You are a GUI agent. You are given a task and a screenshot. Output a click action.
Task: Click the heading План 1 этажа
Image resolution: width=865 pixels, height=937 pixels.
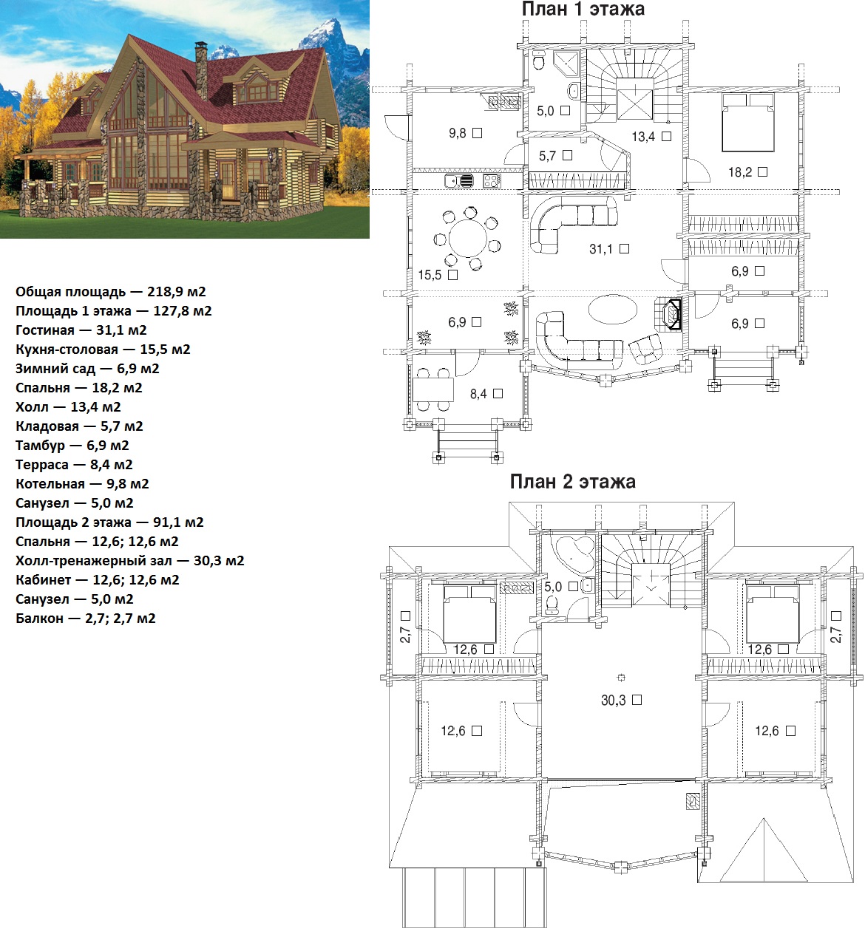pyautogui.click(x=583, y=10)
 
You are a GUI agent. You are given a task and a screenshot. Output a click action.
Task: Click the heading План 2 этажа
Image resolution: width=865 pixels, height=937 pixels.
pyautogui.click(x=573, y=482)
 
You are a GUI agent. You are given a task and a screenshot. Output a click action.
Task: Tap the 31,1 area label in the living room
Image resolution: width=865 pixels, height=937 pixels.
pyautogui.click(x=600, y=248)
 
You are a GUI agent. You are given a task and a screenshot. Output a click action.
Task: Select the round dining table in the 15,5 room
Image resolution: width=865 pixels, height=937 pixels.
pyautogui.click(x=467, y=238)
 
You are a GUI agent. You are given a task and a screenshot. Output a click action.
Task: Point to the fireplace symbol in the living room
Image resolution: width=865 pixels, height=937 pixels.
pyautogui.click(x=668, y=313)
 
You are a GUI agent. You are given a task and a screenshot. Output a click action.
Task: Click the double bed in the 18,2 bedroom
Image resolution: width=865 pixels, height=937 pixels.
pyautogui.click(x=748, y=122)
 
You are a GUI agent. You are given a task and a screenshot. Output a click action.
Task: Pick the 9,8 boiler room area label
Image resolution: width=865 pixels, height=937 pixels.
pyautogui.click(x=457, y=133)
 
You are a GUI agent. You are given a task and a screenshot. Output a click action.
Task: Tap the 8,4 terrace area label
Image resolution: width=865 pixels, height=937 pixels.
pyautogui.click(x=478, y=393)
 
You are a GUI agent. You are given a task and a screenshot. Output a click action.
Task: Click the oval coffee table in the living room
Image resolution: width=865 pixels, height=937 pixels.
pyautogui.click(x=613, y=309)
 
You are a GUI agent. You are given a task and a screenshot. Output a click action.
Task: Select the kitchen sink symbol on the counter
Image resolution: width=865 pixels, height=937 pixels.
pyautogui.click(x=459, y=180)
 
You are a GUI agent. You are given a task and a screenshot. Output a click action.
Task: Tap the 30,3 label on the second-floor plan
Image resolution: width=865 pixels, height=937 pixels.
pyautogui.click(x=613, y=701)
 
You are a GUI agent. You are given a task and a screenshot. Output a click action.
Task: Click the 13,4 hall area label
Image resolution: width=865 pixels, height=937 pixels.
pyautogui.click(x=643, y=137)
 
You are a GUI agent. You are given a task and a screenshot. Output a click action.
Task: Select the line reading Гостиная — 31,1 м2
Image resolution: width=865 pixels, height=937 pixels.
pyautogui.click(x=81, y=330)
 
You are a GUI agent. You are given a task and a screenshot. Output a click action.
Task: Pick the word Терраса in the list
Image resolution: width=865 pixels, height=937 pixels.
pyautogui.click(x=42, y=466)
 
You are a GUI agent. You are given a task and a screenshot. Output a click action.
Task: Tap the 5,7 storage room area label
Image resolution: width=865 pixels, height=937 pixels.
pyautogui.click(x=547, y=156)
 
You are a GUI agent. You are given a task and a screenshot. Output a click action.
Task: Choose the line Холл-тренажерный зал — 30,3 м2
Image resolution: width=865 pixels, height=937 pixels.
pyautogui.click(x=130, y=561)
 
